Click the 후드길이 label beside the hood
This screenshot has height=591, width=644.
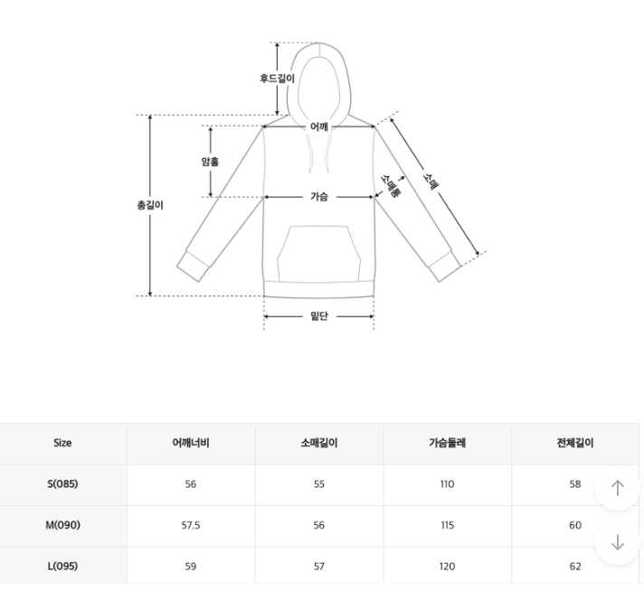[x=278, y=78]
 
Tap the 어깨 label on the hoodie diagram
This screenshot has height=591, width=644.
[x=319, y=127]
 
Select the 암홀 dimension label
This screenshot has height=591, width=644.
[x=210, y=161]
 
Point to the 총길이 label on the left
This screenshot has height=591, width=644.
[x=150, y=205]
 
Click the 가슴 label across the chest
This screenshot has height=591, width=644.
[x=319, y=197]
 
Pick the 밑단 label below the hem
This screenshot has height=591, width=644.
[x=319, y=316]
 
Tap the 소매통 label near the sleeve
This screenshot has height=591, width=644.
[x=390, y=186]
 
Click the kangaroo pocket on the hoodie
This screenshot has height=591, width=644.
[x=318, y=254]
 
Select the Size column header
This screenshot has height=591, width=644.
[x=62, y=443]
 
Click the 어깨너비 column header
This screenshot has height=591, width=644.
[x=191, y=443]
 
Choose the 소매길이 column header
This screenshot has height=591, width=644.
[x=319, y=443]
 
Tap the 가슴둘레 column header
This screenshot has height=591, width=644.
[x=447, y=443]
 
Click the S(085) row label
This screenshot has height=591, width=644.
[x=62, y=483]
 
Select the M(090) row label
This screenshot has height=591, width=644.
[x=62, y=525]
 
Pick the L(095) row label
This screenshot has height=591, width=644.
[x=62, y=566]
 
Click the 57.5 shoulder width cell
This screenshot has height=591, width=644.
[x=191, y=525]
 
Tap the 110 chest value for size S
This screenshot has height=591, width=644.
[x=447, y=484]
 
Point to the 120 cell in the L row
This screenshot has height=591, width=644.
[x=447, y=567]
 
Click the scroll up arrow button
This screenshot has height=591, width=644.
[x=617, y=488]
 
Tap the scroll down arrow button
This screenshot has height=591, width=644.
[x=617, y=542]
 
